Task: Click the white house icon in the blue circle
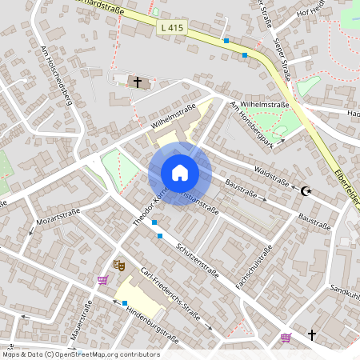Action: pyautogui.click(x=180, y=173)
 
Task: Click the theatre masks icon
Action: pyautogui.click(x=119, y=264)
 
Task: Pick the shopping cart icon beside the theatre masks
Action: pyautogui.click(x=102, y=280)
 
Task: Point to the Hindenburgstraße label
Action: pyautogui.click(x=151, y=329)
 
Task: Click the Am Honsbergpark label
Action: pyautogui.click(x=250, y=126)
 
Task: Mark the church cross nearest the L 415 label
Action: pyautogui.click(x=138, y=82)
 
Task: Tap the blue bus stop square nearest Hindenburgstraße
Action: pyautogui.click(x=125, y=302)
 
